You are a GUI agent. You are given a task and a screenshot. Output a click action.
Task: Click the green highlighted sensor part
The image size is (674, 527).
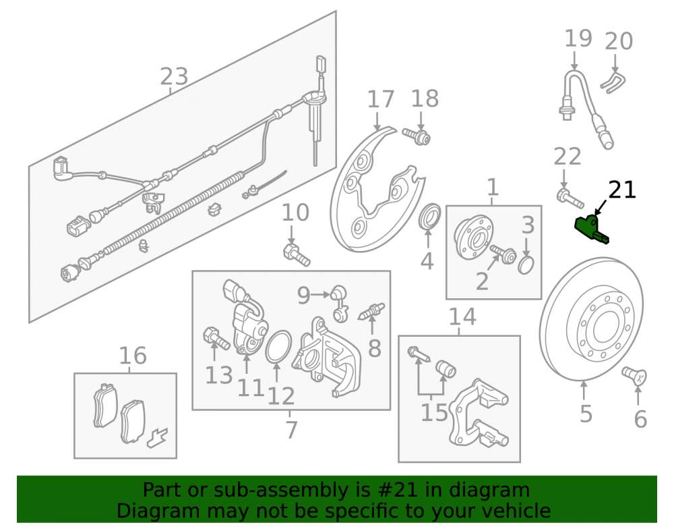591,229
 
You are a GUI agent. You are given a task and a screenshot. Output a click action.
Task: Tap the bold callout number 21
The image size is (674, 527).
622,190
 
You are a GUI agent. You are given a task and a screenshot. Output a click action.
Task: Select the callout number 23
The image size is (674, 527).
174,76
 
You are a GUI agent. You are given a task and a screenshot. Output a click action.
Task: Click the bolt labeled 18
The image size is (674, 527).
417,136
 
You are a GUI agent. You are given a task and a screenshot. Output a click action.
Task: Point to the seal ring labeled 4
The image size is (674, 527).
429,217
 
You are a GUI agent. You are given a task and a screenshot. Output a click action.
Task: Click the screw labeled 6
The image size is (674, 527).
635,376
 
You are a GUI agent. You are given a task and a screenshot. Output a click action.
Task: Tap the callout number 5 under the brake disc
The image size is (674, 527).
586,414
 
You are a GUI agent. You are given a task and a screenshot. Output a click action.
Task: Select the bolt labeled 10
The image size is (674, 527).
297,254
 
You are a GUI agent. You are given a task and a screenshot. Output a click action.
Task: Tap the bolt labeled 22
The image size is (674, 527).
570,198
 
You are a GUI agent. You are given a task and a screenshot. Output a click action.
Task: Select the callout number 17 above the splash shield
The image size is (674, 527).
381,99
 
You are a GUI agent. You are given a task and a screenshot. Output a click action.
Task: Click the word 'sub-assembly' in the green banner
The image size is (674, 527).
281,490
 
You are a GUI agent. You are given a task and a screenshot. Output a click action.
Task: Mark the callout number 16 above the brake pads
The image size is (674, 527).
133,356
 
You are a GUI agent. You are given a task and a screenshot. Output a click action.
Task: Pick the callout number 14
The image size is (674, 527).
462,317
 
